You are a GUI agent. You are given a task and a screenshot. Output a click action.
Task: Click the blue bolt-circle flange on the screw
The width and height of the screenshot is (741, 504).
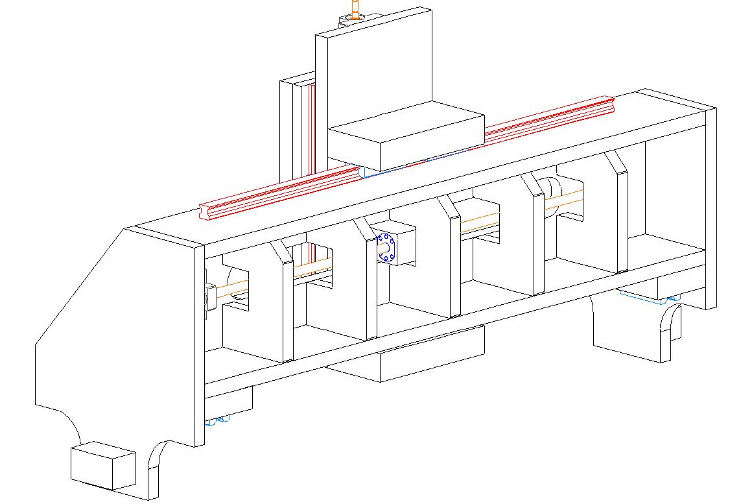pyautogui.click(x=386, y=248)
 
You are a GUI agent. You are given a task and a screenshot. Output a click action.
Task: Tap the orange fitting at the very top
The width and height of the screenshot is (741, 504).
pyautogui.click(x=355, y=9)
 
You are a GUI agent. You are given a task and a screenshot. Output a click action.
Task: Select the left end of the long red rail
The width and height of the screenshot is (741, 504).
pyautogui.click(x=207, y=211)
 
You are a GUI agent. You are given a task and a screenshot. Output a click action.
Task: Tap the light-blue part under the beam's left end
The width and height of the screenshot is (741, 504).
pyautogui.click(x=217, y=421)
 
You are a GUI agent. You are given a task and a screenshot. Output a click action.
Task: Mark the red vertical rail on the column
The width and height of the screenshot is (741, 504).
pyautogui.click(x=311, y=130)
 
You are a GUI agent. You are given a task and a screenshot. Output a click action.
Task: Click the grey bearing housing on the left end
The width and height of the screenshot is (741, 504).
pyautogui.click(x=210, y=296)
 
